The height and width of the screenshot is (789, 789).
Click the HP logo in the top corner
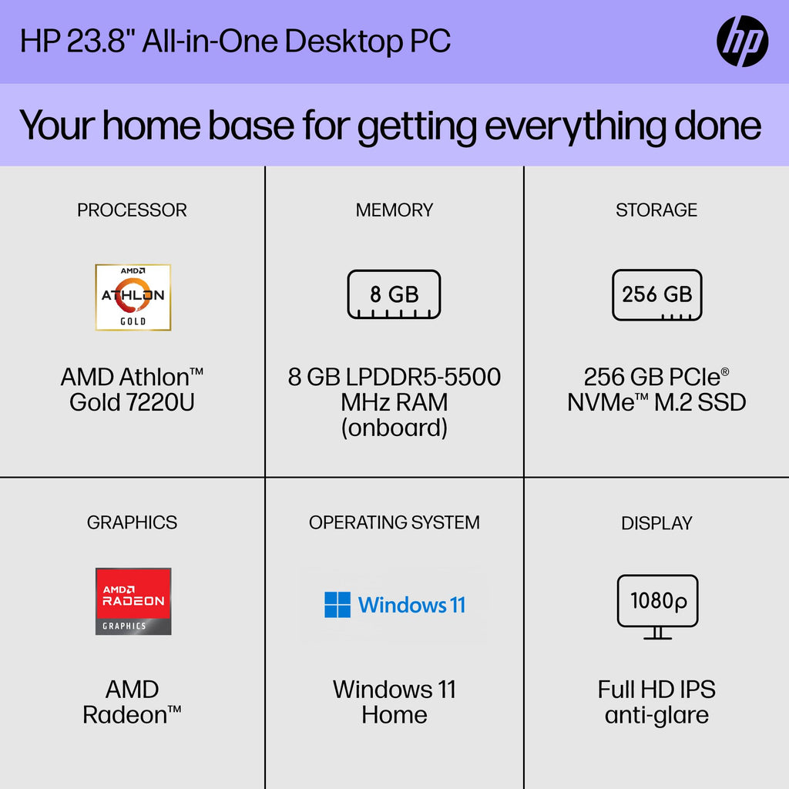tap(742, 41)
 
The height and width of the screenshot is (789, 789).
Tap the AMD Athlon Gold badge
tap(133, 297)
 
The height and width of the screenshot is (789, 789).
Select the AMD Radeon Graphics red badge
tap(133, 601)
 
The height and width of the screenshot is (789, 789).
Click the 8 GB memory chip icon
tap(394, 294)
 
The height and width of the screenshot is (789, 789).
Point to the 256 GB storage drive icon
tap(656, 294)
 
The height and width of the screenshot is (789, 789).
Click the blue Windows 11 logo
tap(394, 605)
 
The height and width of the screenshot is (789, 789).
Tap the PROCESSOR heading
tap(132, 210)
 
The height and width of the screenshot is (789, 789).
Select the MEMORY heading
tap(394, 210)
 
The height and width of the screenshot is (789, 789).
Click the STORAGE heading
tap(656, 210)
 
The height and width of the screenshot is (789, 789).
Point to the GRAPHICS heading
tap(132, 522)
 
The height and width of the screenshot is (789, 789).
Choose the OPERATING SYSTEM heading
tap(394, 522)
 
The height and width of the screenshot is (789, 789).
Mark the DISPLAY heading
tap(656, 523)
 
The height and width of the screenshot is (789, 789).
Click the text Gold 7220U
tap(132, 402)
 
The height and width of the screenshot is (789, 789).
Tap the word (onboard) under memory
tap(394, 428)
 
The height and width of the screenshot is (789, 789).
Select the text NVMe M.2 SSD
tap(656, 402)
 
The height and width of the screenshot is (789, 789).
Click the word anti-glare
tap(656, 715)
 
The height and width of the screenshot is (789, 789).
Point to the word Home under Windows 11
tap(394, 715)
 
